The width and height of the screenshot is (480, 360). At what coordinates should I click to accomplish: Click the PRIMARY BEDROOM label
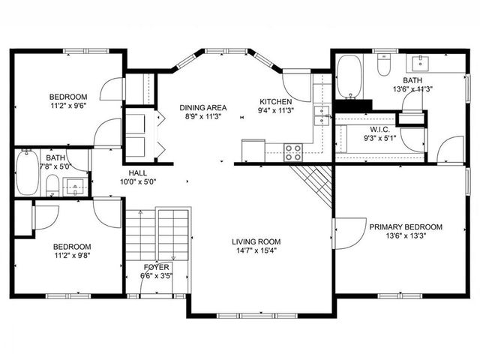tap(406, 227)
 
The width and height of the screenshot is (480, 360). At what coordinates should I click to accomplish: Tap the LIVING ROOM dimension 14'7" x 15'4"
tap(256, 250)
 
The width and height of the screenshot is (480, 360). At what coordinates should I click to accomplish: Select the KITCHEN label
tap(275, 102)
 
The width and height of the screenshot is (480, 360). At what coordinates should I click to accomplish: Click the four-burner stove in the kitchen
tap(293, 152)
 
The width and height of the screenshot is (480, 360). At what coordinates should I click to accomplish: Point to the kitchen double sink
tap(322, 115)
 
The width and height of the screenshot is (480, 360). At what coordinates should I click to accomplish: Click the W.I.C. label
tap(379, 130)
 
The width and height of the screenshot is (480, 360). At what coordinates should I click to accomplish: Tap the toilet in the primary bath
tap(383, 65)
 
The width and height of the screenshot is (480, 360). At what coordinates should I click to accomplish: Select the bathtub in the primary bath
tap(349, 76)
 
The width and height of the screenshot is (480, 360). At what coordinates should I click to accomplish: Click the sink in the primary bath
tap(420, 63)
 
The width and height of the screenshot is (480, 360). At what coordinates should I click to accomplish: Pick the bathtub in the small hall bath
tap(28, 172)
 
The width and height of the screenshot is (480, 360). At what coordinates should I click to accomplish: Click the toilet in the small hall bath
tap(52, 185)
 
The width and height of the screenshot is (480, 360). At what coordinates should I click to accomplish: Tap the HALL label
tap(137, 173)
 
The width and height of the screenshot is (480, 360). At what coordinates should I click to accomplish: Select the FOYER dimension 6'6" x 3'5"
tap(157, 276)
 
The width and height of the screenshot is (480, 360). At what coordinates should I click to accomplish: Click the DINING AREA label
tap(203, 108)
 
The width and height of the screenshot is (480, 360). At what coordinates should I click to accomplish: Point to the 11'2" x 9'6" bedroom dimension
tap(68, 106)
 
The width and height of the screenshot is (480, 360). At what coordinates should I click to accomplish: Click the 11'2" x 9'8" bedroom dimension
tap(72, 255)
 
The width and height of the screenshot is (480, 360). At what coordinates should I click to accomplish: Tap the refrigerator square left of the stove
tap(253, 150)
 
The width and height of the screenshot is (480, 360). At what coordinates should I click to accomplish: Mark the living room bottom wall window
tap(256, 315)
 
